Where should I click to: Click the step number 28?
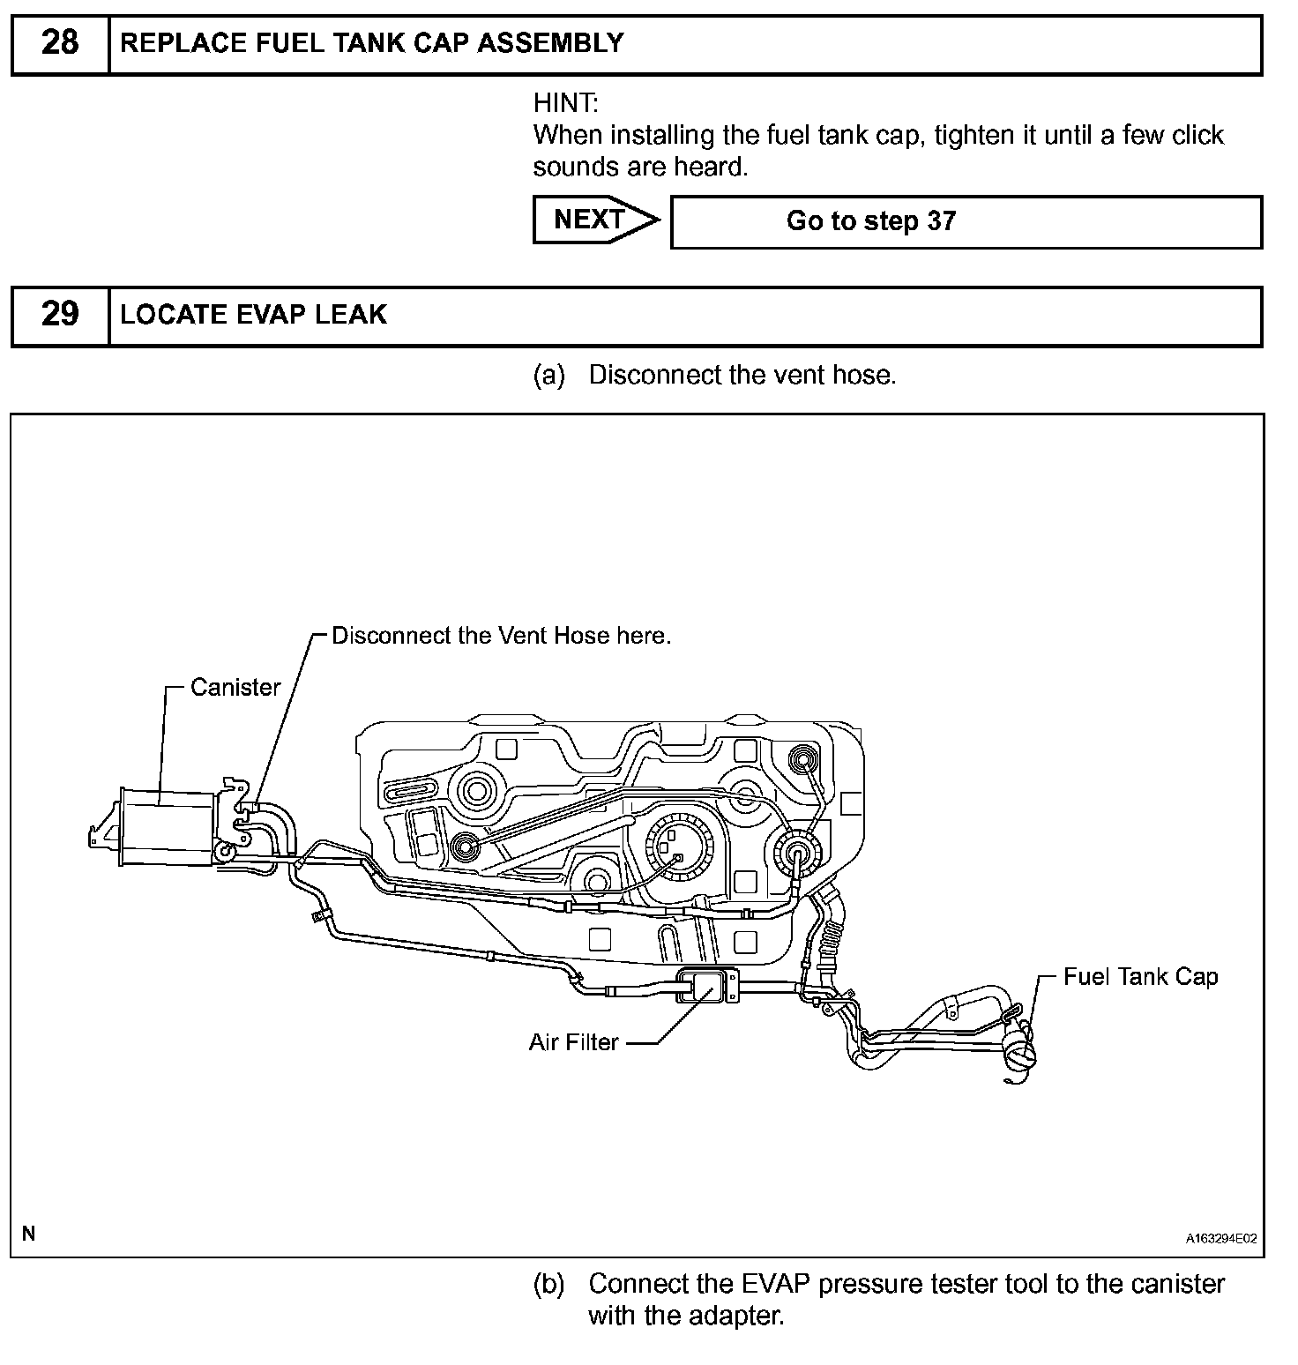tap(60, 43)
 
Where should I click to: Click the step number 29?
tap(60, 315)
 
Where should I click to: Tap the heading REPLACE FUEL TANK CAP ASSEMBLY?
tap(371, 43)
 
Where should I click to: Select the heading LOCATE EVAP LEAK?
tap(253, 315)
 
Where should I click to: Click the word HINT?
tap(564, 103)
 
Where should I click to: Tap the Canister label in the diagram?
tap(235, 687)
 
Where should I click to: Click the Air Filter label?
tap(574, 1042)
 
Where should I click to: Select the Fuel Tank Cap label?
tap(1140, 976)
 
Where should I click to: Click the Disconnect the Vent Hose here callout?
tap(501, 636)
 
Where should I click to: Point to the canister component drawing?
tap(168, 827)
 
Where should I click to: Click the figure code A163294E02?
tap(1220, 1239)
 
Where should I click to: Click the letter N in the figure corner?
tap(29, 1234)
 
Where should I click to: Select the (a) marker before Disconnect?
tap(548, 376)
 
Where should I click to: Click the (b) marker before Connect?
tap(548, 1284)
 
